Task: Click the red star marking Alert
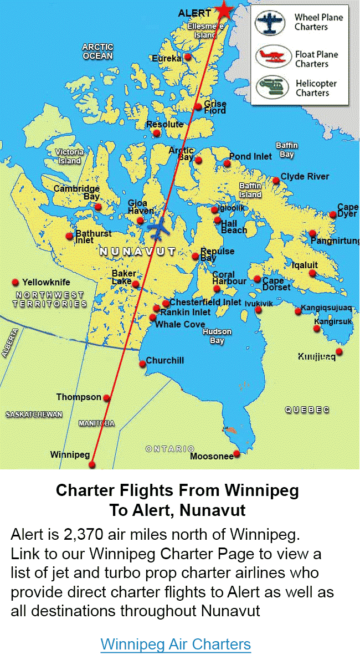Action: point(224,9)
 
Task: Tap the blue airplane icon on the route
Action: point(159,228)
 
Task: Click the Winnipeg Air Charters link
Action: point(176,644)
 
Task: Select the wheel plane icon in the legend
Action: point(270,23)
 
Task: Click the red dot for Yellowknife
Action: point(16,283)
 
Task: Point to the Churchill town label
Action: point(165,360)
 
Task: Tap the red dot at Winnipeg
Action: point(92,465)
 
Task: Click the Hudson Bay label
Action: point(217,336)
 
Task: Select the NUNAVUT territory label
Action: point(137,252)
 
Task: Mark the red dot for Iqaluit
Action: point(312,273)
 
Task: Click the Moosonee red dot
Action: point(236,454)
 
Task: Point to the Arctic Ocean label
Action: point(97,52)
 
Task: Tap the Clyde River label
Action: point(305,176)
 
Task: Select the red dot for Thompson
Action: point(107,398)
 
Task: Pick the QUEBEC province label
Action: point(307,410)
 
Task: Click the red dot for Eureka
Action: point(188,57)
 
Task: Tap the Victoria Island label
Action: point(69,156)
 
